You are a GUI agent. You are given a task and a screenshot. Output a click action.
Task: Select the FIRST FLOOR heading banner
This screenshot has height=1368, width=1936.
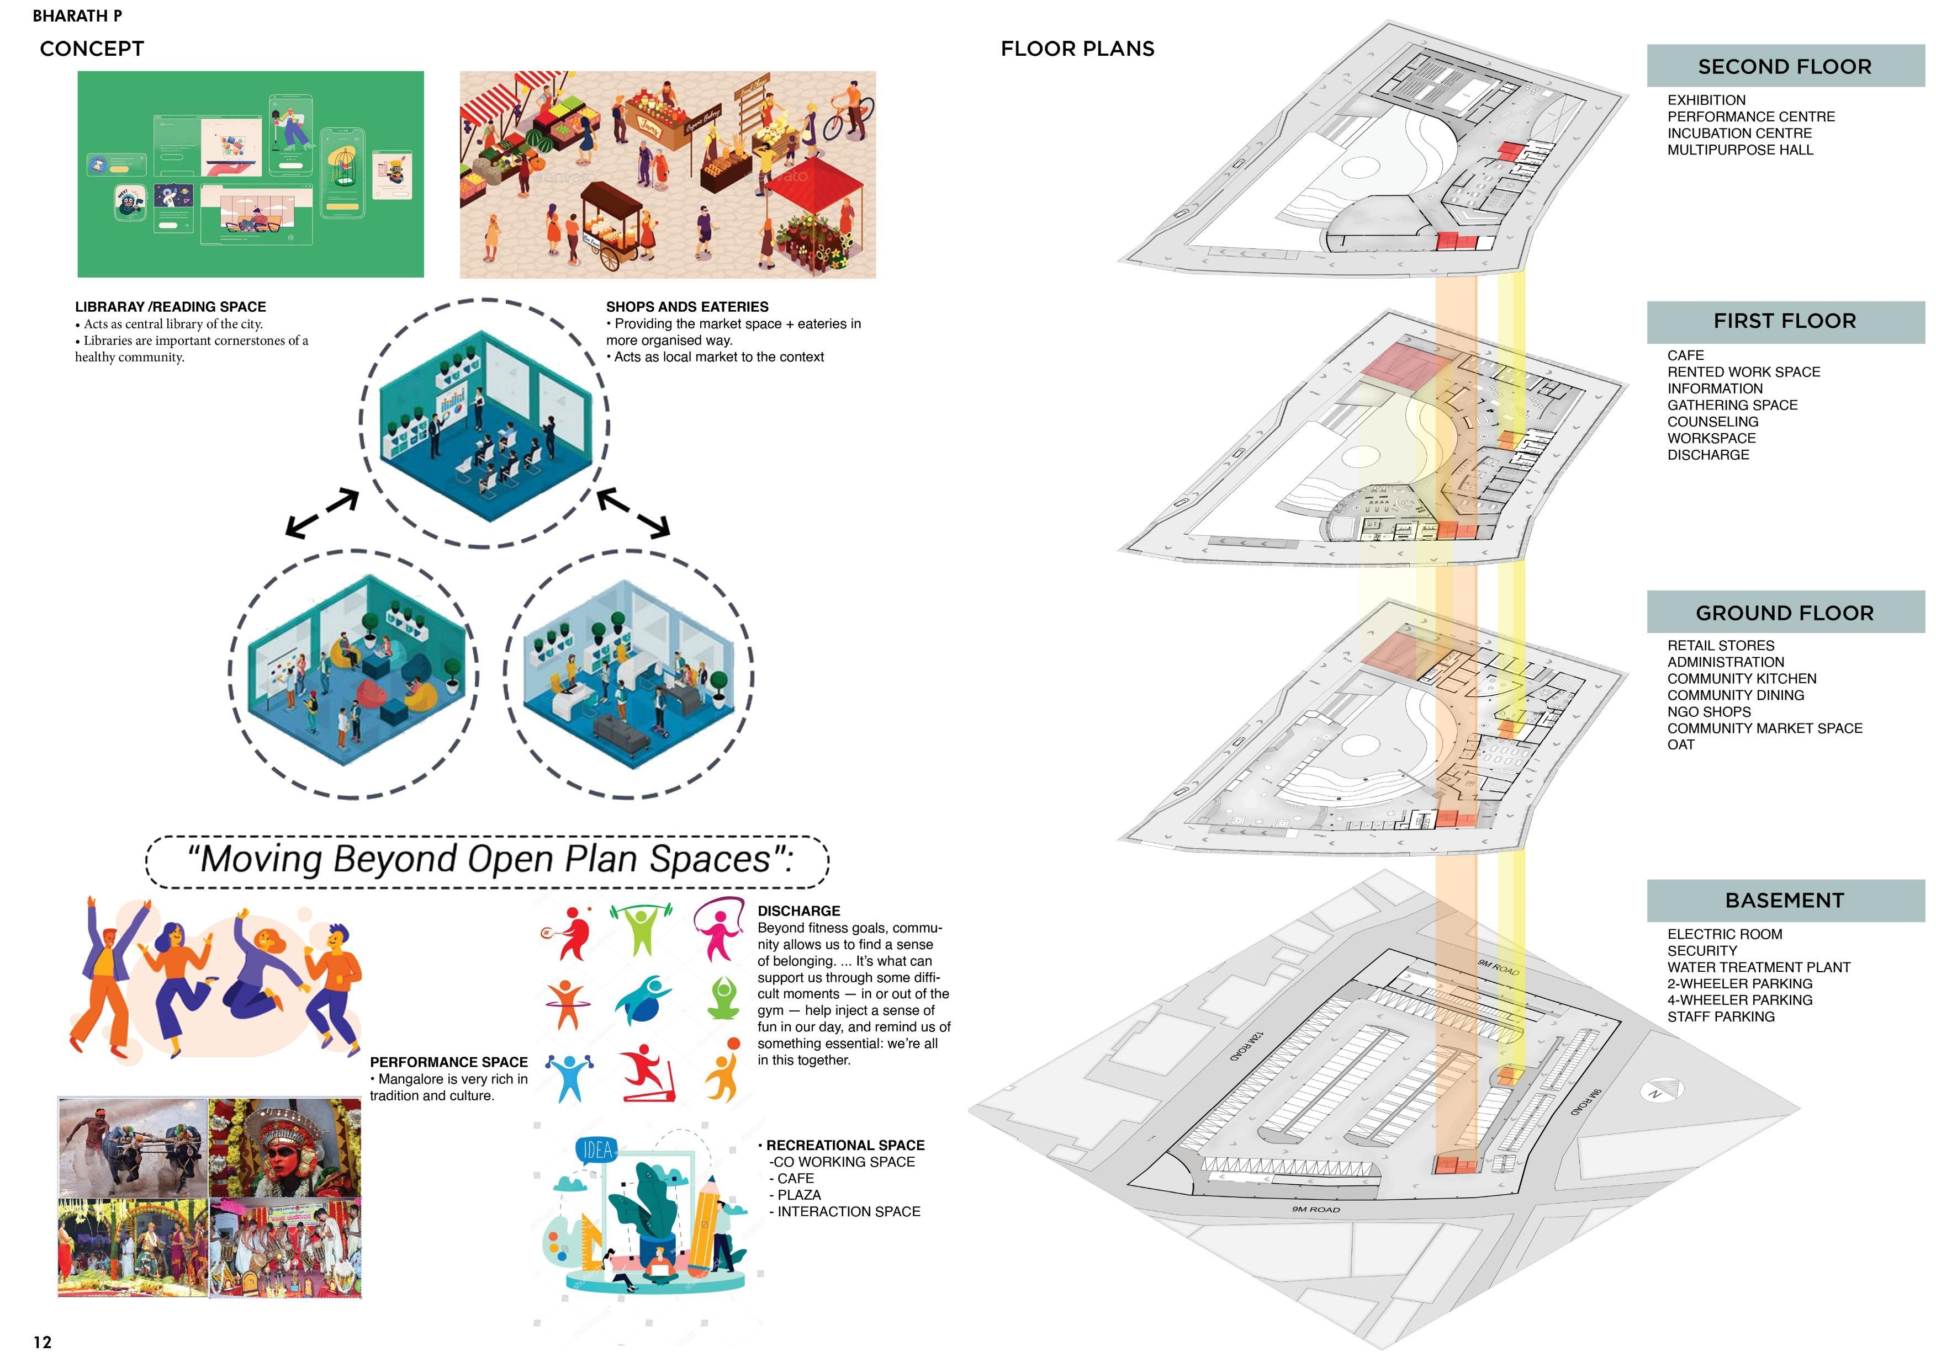click(x=1784, y=321)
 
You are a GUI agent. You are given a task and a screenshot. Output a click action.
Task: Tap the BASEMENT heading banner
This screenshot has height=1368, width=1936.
click(x=1784, y=900)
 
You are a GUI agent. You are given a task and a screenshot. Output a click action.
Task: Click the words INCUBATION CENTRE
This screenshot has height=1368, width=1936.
click(x=1739, y=133)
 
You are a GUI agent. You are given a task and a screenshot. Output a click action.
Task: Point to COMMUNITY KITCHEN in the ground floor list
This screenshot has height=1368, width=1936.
click(x=1741, y=679)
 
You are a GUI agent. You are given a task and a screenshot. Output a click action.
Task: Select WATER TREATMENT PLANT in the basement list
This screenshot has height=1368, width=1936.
click(x=1758, y=967)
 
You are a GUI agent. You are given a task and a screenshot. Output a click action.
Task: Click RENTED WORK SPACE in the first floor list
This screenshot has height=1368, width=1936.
click(x=1743, y=372)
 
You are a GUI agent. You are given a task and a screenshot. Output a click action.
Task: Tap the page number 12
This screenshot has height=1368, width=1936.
click(x=42, y=1343)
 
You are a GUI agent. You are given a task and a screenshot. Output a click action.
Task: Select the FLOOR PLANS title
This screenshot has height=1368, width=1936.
click(x=1077, y=49)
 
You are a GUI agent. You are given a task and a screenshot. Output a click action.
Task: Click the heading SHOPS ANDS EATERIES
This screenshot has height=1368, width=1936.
click(x=686, y=307)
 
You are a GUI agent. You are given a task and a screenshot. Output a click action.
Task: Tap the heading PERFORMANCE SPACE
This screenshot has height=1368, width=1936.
click(x=448, y=1062)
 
